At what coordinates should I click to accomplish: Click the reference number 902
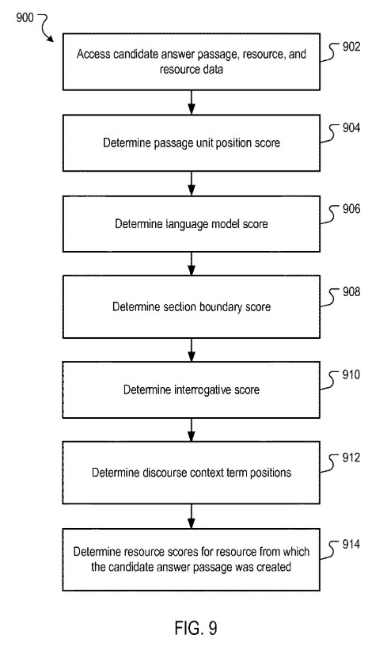[x=351, y=47]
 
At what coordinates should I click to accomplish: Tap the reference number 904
[x=351, y=127]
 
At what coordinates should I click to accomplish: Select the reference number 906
[x=351, y=209]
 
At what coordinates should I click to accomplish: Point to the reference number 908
[x=351, y=291]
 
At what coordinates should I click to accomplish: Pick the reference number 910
[x=351, y=374]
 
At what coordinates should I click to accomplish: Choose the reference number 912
[x=351, y=458]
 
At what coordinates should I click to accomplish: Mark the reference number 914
[x=351, y=544]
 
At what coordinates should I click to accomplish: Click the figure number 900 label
[x=25, y=17]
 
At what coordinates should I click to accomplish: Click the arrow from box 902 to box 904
[x=192, y=102]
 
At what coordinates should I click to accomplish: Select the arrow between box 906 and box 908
[x=192, y=264]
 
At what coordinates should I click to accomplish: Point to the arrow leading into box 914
[x=192, y=516]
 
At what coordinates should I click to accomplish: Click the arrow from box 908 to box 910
[x=192, y=350]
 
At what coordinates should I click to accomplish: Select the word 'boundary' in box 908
[x=222, y=307]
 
